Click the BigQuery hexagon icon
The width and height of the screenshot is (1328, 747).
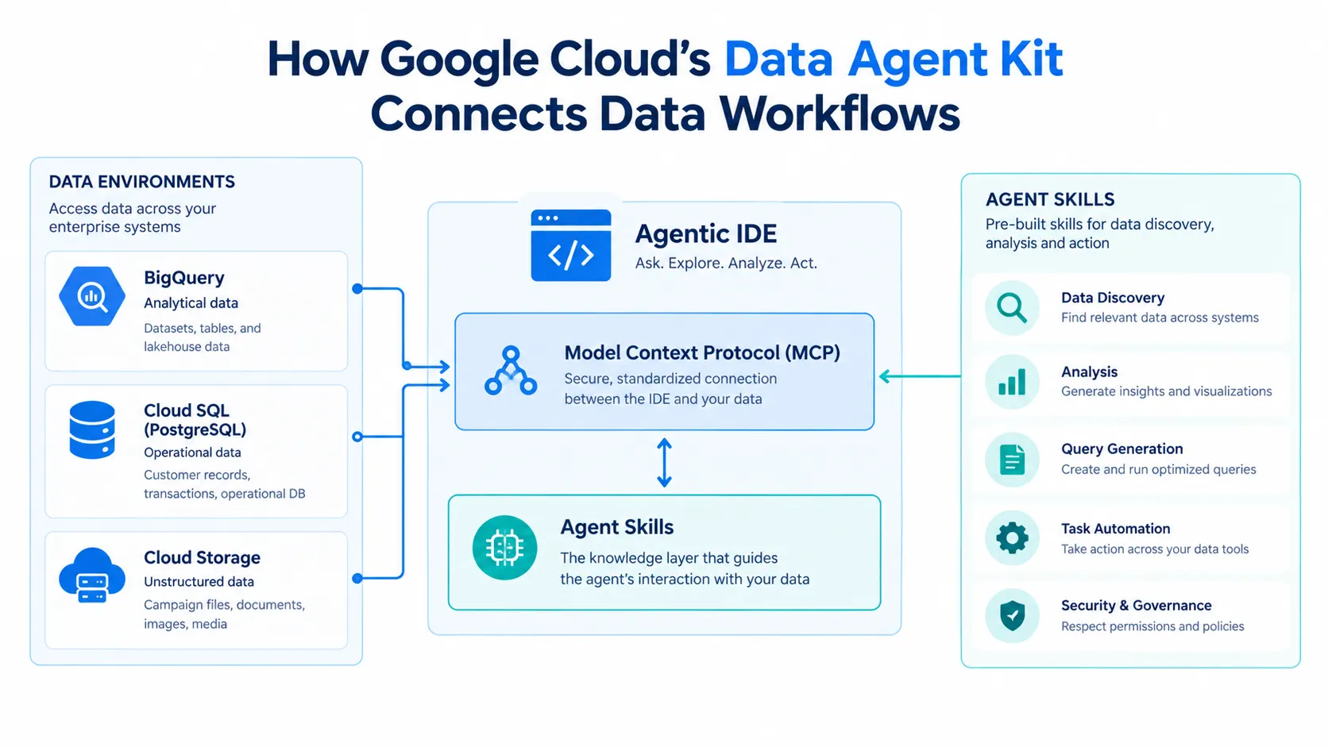pos(92,295)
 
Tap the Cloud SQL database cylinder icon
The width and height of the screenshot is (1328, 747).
pos(92,430)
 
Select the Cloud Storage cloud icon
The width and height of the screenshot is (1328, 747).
pos(92,576)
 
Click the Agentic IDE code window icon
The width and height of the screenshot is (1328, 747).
pos(570,245)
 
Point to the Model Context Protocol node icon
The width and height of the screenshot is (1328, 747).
pos(511,371)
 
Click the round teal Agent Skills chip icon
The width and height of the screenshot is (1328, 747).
pos(504,548)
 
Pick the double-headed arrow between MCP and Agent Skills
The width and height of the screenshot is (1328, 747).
pos(664,463)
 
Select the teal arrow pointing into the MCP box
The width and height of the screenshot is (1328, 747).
pos(920,375)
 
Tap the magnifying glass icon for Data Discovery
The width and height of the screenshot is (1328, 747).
pos(1012,308)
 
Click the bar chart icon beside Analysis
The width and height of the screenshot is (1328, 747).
pos(1012,382)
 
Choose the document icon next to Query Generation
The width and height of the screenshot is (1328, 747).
pos(1012,460)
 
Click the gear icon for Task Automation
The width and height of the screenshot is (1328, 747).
pos(1012,538)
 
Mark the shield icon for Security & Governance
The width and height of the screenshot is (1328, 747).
pos(1012,615)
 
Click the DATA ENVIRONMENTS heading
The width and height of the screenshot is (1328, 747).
pos(141,182)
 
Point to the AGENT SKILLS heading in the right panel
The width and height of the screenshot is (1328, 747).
pos(1050,199)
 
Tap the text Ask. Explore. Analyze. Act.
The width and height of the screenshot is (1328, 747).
pos(726,263)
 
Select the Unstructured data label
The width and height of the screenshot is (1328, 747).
pos(199,582)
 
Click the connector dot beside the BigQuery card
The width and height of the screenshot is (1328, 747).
pos(357,288)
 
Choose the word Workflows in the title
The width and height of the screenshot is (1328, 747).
pos(840,114)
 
